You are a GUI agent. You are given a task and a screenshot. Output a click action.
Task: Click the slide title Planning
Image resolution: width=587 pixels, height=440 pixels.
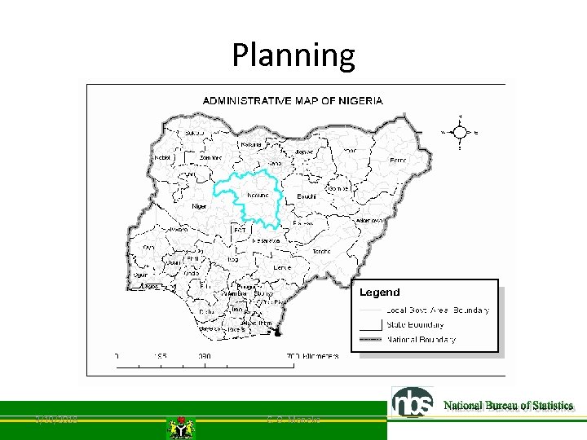point(293,55)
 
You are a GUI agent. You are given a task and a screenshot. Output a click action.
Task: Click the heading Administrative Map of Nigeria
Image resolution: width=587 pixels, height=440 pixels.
point(293,101)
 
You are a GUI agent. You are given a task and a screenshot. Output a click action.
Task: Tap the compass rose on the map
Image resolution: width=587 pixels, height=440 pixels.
point(459,131)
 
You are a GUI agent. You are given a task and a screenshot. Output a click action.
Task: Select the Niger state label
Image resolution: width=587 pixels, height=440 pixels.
point(199,207)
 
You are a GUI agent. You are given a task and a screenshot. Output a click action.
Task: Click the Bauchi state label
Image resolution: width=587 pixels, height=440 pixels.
point(306,196)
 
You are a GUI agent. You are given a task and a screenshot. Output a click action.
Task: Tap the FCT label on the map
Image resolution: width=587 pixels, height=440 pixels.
point(240,231)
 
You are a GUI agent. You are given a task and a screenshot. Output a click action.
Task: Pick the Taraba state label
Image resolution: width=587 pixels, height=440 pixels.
point(321,252)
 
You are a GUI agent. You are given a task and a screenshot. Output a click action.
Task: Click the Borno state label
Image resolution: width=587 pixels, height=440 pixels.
point(398,161)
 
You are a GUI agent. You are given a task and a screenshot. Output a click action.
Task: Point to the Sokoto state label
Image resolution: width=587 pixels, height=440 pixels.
point(194,132)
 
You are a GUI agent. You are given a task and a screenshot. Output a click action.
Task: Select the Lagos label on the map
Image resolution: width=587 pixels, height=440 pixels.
point(150,287)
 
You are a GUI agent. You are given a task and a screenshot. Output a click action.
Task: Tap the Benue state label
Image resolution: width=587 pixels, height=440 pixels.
point(282,268)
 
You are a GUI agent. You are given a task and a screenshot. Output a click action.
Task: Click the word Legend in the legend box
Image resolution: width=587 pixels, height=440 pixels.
point(380,293)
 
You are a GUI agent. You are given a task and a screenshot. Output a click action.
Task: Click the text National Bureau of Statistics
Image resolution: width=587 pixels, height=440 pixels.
point(509,406)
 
